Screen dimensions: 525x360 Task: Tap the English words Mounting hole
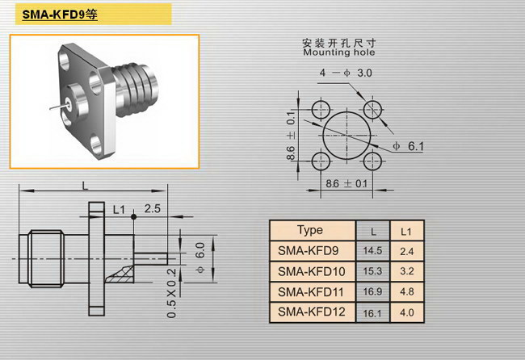[339, 52]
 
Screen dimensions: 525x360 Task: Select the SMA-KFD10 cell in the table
[312, 271]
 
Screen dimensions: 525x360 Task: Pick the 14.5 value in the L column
[372, 250]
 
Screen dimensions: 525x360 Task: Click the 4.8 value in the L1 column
[407, 291]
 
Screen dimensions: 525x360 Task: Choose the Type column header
[310, 230]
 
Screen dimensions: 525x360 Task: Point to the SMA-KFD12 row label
[312, 312]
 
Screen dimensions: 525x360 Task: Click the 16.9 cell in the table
[372, 291]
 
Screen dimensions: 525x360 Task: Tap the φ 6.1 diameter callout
[408, 146]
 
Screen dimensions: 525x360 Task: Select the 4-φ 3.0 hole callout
[346, 73]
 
